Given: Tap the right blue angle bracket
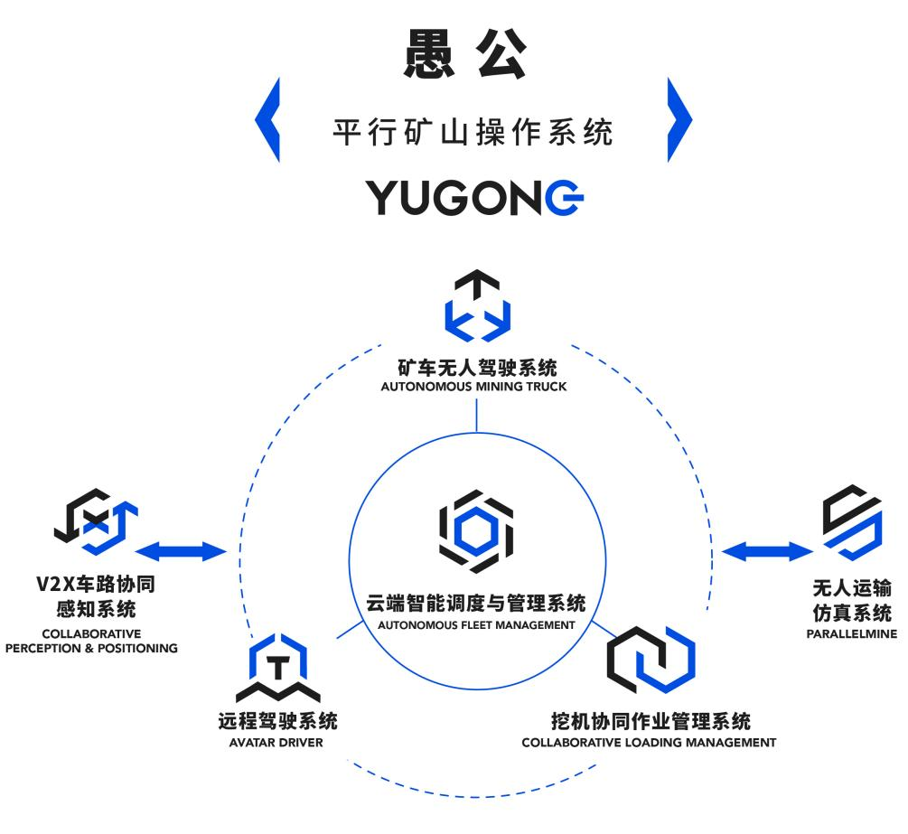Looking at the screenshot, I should pyautogui.click(x=679, y=119).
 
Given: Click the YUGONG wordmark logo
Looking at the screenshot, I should pyautogui.click(x=474, y=198).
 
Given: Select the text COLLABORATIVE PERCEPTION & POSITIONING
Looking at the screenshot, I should pyautogui.click(x=91, y=641).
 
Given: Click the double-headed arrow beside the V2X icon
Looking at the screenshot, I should pyautogui.click(x=185, y=548).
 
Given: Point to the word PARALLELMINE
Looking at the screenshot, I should pyautogui.click(x=851, y=633).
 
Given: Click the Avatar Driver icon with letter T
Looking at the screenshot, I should pyautogui.click(x=278, y=670).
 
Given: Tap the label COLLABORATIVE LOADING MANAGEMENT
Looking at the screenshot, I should pyautogui.click(x=649, y=743).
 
